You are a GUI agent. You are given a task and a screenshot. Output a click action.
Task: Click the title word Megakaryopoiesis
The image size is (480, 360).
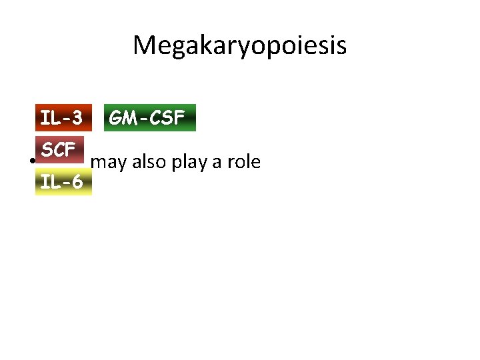pyautogui.click(x=239, y=45)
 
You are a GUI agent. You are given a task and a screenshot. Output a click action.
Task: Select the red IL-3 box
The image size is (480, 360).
pyautogui.click(x=61, y=118)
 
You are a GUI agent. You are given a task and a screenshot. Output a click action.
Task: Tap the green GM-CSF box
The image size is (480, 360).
pyautogui.click(x=147, y=118)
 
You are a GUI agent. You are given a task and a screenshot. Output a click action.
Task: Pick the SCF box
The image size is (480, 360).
pyautogui.click(x=58, y=150)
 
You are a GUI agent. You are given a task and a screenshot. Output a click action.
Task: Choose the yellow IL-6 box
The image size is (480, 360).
pyautogui.click(x=61, y=181)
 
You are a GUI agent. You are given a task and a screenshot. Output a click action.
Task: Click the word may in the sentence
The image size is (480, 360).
pyautogui.click(x=105, y=162)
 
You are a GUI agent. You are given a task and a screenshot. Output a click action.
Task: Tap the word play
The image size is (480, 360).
pyautogui.click(x=187, y=162)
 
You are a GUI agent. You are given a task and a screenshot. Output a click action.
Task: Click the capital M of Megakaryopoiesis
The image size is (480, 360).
pyautogui.click(x=143, y=45)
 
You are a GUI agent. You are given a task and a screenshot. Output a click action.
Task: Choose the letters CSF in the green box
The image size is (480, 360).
pyautogui.click(x=166, y=118)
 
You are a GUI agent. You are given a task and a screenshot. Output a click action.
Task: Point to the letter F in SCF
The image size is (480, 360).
pyautogui.click(x=69, y=150)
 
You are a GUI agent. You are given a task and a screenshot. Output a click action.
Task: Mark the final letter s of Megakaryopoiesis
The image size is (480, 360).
pyautogui.click(x=341, y=47)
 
